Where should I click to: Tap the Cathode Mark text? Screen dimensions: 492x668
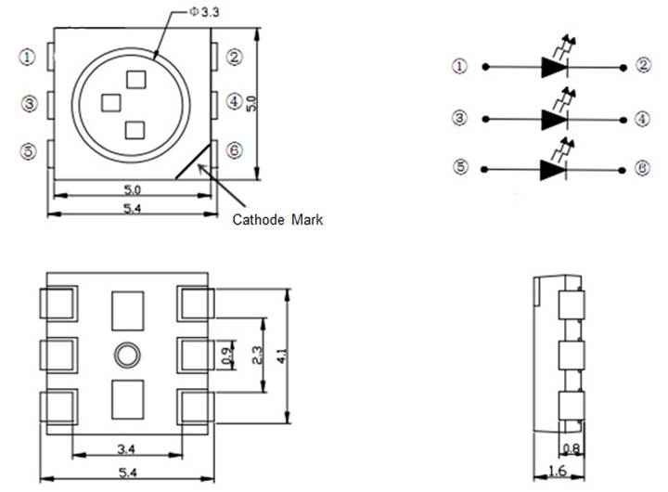[x=277, y=220]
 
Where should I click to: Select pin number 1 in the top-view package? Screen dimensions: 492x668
[x=27, y=57]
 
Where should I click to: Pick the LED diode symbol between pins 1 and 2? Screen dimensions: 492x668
[x=555, y=66]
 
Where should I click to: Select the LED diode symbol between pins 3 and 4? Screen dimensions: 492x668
[x=555, y=118]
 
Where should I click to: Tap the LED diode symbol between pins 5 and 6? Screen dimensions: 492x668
[x=555, y=169]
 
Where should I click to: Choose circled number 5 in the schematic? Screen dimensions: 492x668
[x=460, y=169]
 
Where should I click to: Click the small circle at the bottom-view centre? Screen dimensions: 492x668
[x=127, y=353]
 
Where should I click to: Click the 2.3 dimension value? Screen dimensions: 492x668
[x=257, y=355]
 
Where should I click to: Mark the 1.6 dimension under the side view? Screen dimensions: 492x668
[x=557, y=472]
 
